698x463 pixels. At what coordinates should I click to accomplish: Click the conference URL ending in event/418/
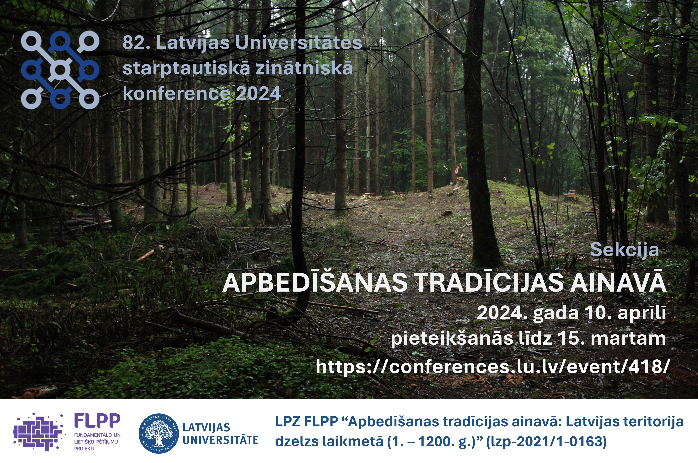tap(491, 367)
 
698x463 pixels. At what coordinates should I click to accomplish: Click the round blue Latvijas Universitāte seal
tap(158, 433)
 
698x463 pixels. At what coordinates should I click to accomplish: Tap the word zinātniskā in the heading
tap(304, 68)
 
